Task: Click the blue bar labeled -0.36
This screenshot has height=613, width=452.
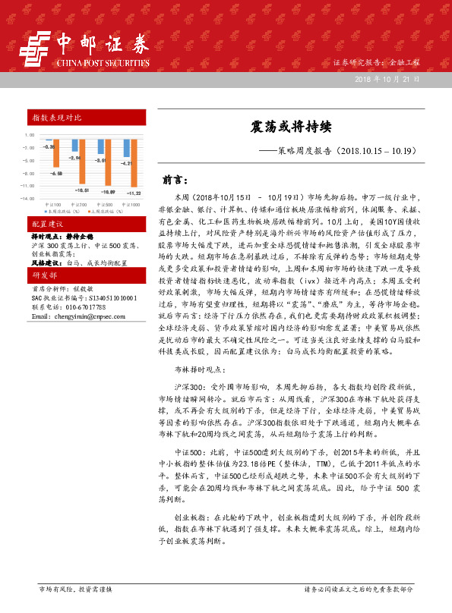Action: pyautogui.click(x=48, y=141)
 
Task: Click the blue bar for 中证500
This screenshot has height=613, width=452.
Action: pyautogui.click(x=100, y=149)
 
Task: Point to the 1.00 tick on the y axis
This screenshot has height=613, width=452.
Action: pyautogui.click(x=30, y=135)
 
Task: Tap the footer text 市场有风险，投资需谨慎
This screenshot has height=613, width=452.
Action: pyautogui.click(x=75, y=589)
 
